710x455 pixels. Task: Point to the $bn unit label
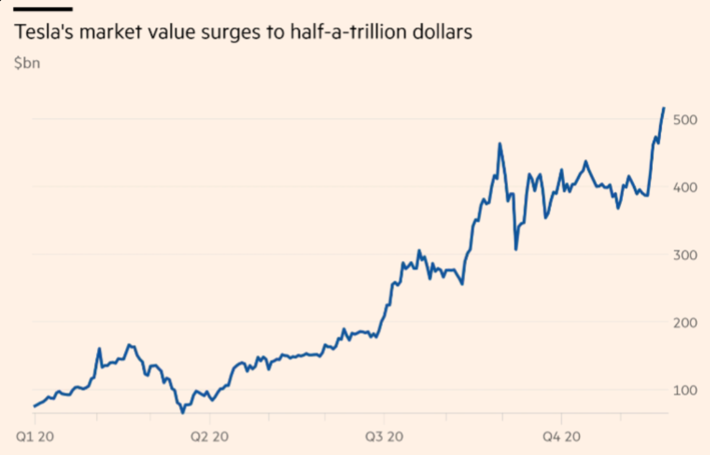coord(27,63)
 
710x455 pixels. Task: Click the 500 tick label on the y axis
coord(684,120)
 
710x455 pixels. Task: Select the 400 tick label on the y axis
coord(684,187)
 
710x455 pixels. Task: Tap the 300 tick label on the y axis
coord(684,255)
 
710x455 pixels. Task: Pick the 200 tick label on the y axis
coord(684,323)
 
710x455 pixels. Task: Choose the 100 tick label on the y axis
coord(684,390)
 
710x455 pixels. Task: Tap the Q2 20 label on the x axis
coord(209,437)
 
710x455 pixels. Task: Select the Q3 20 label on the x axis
coord(384,437)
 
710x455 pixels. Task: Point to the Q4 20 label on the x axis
coord(560,437)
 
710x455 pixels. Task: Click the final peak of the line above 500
coord(664,108)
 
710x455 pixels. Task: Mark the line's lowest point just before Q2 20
coord(183,412)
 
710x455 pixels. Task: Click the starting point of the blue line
coord(35,407)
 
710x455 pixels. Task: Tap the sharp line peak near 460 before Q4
coord(500,144)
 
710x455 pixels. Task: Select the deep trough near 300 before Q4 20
coord(516,249)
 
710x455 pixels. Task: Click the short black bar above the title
coord(43,9)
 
